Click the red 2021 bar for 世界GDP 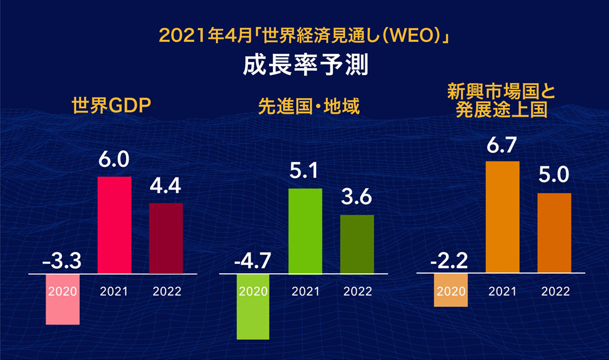point(114,225)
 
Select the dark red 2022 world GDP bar point(166,238)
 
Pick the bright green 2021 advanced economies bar point(305,231)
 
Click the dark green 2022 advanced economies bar point(357,244)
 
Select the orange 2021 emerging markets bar point(503,217)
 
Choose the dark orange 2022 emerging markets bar point(555,233)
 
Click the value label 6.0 point(114,160)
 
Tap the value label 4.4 point(166,186)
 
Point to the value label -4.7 point(252,259)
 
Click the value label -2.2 point(450,259)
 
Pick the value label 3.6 point(357,198)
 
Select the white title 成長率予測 point(304,64)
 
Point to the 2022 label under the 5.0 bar point(555,291)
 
